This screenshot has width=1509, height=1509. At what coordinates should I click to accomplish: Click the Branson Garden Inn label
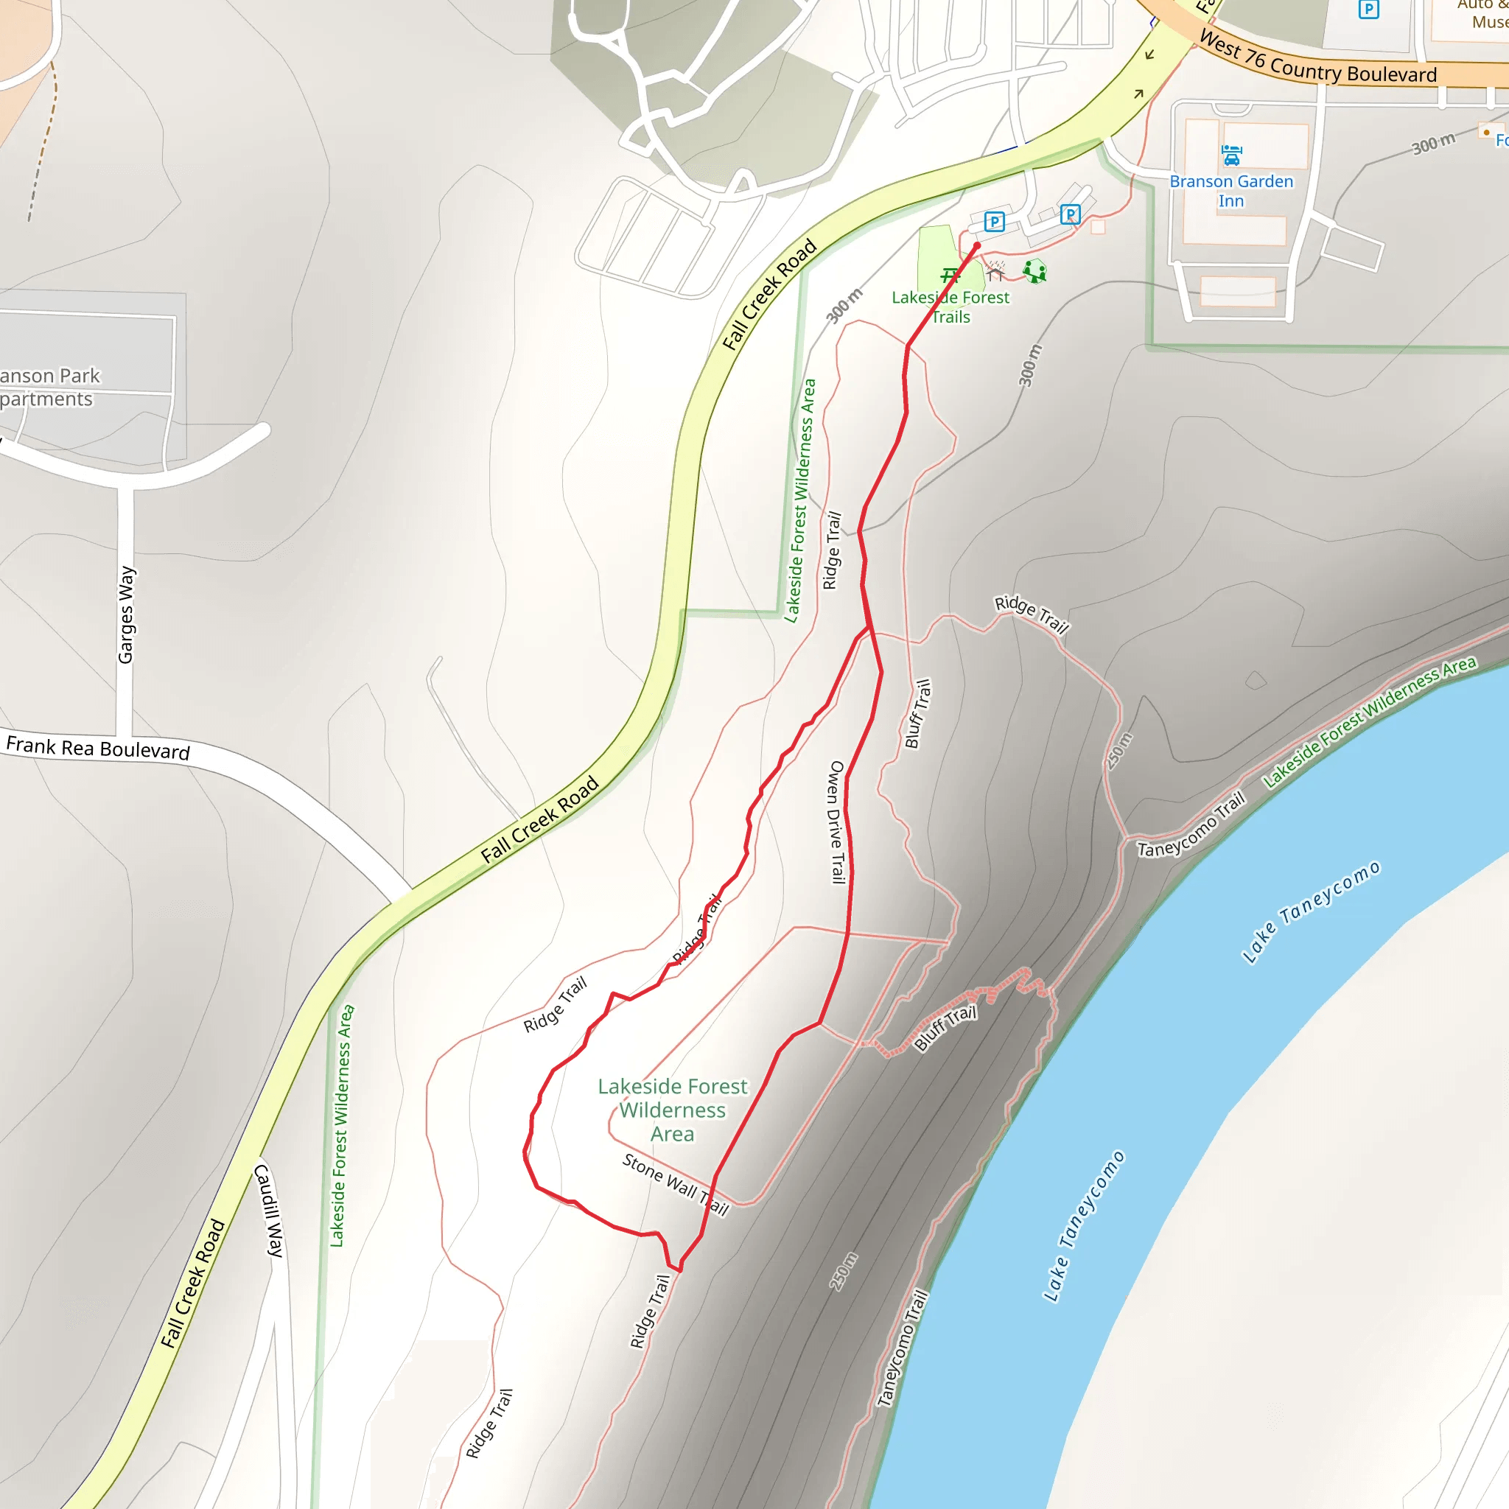coord(1231,191)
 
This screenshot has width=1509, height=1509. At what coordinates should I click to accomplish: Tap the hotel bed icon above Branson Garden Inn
coord(1232,155)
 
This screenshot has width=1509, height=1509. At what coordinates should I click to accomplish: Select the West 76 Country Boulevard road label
coord(1317,59)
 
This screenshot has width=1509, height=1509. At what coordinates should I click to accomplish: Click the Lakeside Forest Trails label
coord(950,307)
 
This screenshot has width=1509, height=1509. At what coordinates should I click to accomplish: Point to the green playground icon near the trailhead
coord(1035,271)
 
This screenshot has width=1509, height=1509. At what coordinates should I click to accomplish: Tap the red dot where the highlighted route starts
coord(976,246)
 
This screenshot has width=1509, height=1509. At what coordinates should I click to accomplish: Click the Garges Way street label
coord(126,615)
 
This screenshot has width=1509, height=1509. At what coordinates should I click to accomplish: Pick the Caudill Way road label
coord(269,1210)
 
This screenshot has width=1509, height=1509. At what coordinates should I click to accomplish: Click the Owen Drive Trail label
coord(837,822)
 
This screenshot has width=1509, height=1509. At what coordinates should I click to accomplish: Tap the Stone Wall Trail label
coord(676,1185)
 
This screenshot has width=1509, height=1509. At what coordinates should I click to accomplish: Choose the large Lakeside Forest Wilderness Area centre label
coord(673,1110)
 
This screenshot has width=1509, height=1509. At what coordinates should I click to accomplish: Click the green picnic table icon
coord(950,275)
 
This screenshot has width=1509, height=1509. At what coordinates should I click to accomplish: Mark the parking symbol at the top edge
coord(1368,9)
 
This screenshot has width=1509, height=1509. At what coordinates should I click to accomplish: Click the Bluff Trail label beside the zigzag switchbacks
coord(945,1028)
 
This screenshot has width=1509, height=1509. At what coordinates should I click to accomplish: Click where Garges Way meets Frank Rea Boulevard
coord(125,738)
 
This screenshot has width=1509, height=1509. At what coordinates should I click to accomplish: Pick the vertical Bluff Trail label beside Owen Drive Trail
coord(918,713)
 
